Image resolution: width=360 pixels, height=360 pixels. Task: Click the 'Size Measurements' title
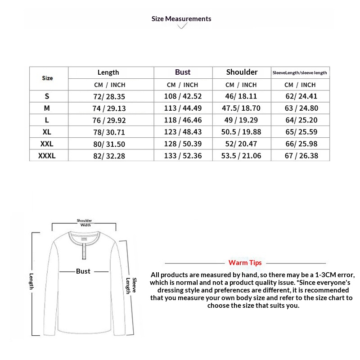pos(181,19)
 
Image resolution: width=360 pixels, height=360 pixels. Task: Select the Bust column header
pos(183,72)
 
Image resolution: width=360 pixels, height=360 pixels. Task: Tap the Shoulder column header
pos(242,72)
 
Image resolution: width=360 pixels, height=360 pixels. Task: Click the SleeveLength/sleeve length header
pos(300,72)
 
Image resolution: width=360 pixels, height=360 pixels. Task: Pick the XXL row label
pos(47,144)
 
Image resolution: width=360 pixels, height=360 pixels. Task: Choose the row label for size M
pos(47,108)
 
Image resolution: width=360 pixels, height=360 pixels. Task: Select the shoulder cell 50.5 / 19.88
pos(242,132)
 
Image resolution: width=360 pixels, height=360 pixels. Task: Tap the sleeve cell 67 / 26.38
pos(301,156)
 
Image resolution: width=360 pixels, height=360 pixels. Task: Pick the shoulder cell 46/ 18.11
pos(242,96)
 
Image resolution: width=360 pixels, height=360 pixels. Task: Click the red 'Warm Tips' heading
pos(245,263)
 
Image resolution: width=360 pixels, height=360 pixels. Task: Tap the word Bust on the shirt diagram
pos(83,271)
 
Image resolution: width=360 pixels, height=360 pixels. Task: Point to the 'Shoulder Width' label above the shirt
pos(85,223)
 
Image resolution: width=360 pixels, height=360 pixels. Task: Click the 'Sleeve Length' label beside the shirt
pos(131,285)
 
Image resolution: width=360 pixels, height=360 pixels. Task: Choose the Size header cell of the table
pos(47,78)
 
